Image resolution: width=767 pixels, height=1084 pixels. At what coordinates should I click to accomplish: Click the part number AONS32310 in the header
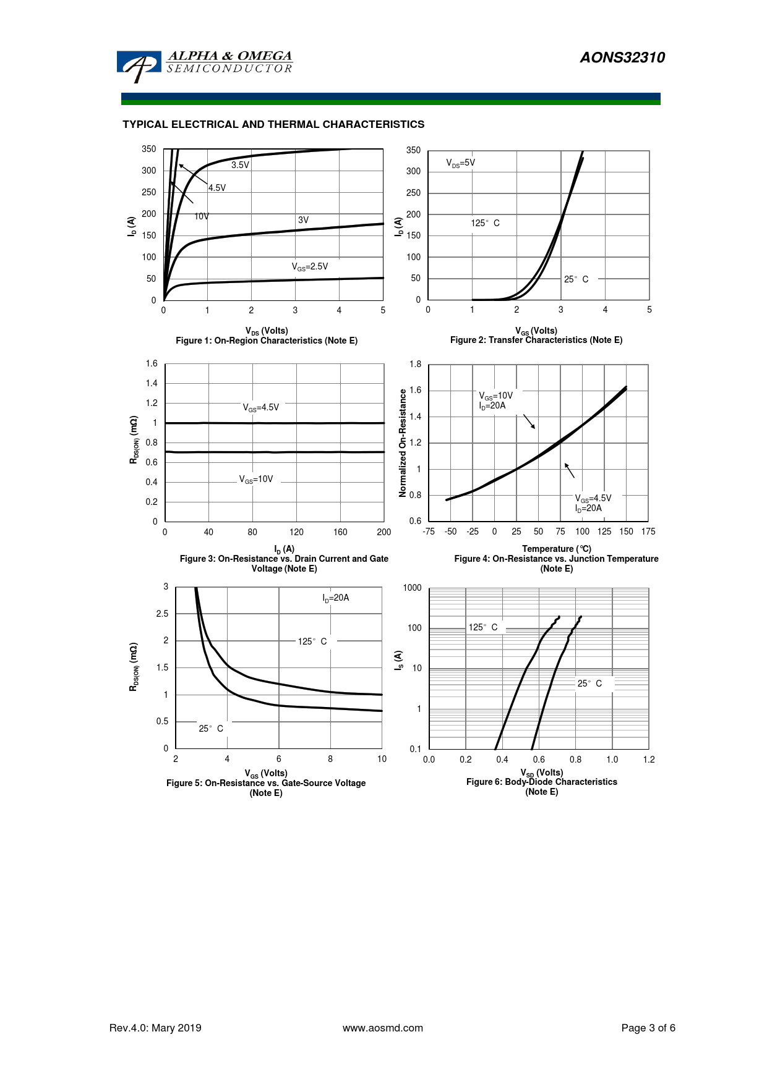[622, 57]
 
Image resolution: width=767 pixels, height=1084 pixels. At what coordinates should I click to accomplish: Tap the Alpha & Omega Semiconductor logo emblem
[139, 66]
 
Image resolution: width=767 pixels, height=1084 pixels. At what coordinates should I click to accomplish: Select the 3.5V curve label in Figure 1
[240, 165]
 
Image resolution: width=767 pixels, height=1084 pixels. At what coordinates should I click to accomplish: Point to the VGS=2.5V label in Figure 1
[310, 266]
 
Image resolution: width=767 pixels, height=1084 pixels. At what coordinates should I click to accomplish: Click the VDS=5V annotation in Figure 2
[461, 163]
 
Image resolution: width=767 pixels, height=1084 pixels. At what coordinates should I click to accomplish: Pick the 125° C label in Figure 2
[485, 223]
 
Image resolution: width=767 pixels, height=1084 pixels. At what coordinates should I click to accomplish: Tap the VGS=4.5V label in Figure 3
[260, 408]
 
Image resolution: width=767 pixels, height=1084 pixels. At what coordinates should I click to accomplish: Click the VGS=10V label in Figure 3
[256, 480]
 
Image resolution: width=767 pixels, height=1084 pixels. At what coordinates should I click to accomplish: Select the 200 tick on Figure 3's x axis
[384, 532]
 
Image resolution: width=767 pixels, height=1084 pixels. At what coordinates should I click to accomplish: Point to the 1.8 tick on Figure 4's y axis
[415, 364]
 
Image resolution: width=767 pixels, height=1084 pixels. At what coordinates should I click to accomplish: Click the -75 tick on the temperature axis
[428, 531]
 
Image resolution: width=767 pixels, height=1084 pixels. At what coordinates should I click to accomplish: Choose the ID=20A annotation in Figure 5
[335, 598]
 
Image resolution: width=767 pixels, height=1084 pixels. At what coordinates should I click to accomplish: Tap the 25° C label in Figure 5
[211, 729]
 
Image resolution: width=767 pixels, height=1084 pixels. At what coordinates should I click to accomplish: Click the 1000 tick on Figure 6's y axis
[412, 588]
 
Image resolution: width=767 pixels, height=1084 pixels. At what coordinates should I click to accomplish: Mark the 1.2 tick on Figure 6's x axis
[648, 760]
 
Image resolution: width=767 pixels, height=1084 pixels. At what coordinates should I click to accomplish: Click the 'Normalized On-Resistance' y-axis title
[403, 442]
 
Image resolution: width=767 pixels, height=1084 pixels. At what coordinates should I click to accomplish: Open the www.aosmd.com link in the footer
[383, 1028]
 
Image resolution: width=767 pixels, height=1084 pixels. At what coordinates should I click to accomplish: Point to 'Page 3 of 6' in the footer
[648, 1028]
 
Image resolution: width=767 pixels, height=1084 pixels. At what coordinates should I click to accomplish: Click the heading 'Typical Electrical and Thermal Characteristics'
[273, 124]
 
